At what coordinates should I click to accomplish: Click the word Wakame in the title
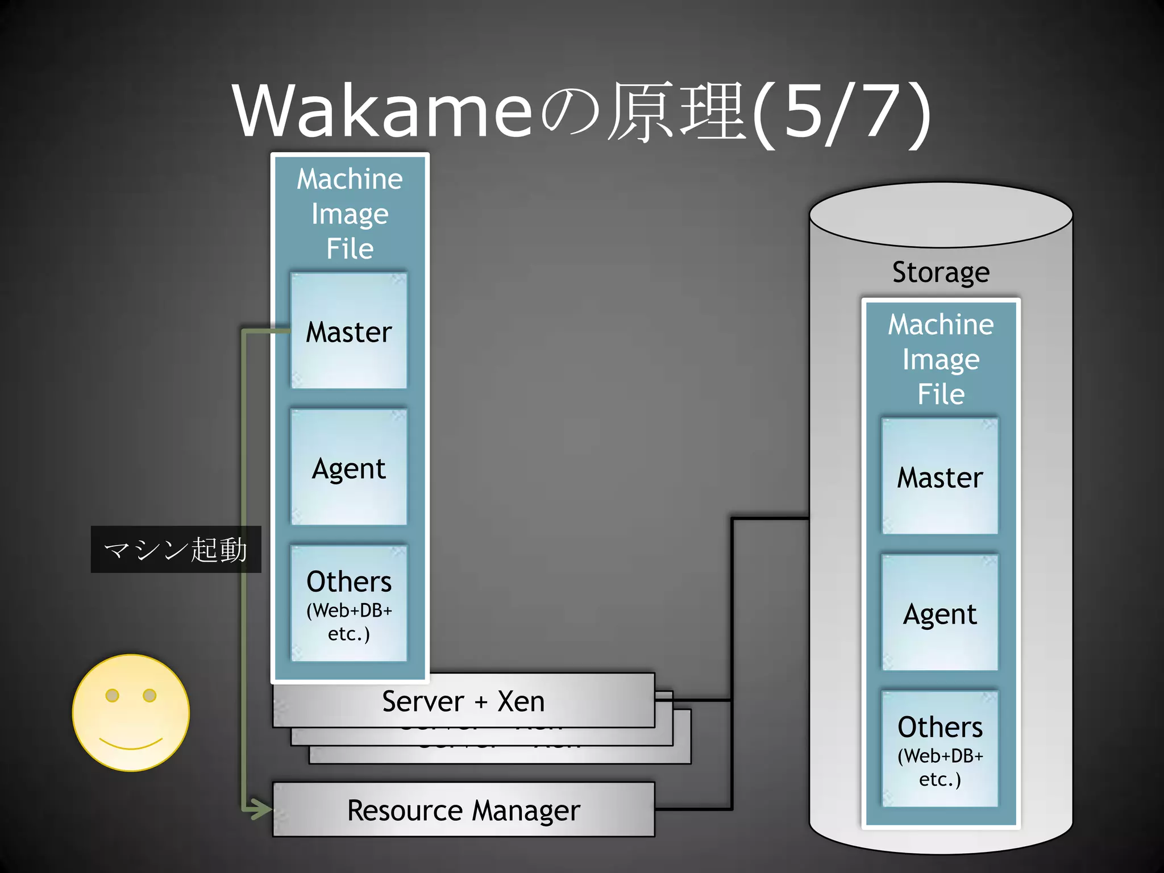pyautogui.click(x=382, y=111)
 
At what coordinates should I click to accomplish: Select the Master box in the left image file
pyautogui.click(x=349, y=332)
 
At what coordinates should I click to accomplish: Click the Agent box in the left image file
pyautogui.click(x=349, y=468)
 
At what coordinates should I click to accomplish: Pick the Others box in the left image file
pyautogui.click(x=349, y=604)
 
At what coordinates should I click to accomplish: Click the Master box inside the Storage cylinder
pyautogui.click(x=940, y=477)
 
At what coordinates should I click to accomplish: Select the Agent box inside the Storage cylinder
pyautogui.click(x=940, y=614)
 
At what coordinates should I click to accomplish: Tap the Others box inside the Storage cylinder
pyautogui.click(x=940, y=749)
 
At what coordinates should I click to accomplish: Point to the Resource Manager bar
pyautogui.click(x=463, y=810)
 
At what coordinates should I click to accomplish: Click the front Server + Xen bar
pyautogui.click(x=463, y=701)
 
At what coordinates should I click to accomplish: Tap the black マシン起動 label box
pyautogui.click(x=176, y=550)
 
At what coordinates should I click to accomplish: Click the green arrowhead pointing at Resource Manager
pyautogui.click(x=261, y=809)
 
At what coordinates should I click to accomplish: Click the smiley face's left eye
pyautogui.click(x=113, y=695)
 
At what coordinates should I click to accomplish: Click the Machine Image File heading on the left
pyautogui.click(x=350, y=214)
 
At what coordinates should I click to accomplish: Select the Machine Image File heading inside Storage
pyautogui.click(x=941, y=359)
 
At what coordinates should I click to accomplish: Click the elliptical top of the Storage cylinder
pyautogui.click(x=941, y=215)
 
